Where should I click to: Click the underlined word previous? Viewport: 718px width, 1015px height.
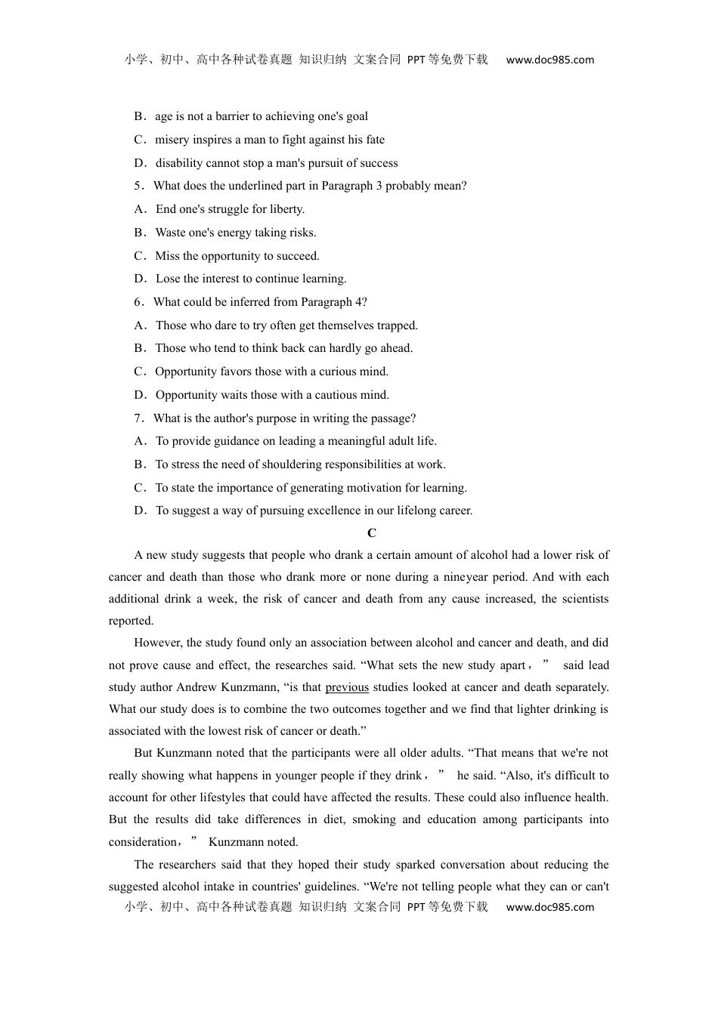[347, 687]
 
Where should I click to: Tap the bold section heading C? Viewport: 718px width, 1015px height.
[371, 533]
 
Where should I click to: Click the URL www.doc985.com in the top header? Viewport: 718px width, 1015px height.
[549, 60]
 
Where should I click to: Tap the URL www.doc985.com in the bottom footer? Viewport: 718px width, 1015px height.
[549, 907]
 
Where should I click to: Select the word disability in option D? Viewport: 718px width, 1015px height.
[179, 163]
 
